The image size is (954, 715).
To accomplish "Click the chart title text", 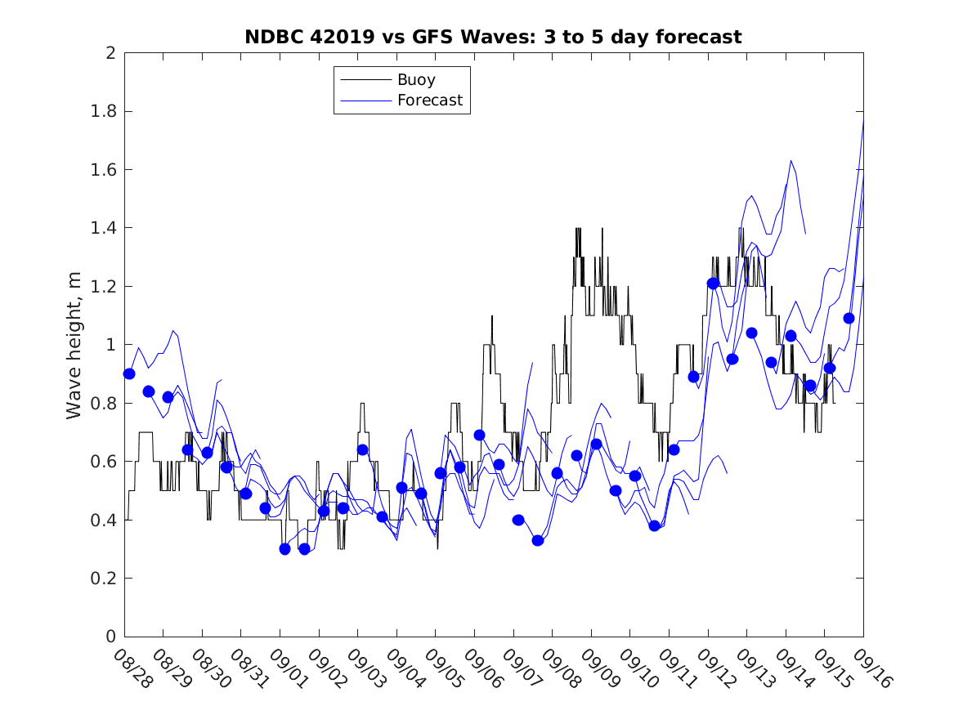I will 493,37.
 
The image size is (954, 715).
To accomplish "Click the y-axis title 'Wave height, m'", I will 74,346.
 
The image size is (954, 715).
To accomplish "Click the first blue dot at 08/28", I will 129,373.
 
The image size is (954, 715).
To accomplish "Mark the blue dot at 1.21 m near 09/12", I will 713,284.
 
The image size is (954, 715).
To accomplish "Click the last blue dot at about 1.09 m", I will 849,318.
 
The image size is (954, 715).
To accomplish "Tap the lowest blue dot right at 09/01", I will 284,549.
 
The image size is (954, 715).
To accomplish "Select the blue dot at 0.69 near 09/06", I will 479,435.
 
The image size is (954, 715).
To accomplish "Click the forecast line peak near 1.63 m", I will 791,161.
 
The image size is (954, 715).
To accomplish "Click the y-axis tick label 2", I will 110,53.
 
